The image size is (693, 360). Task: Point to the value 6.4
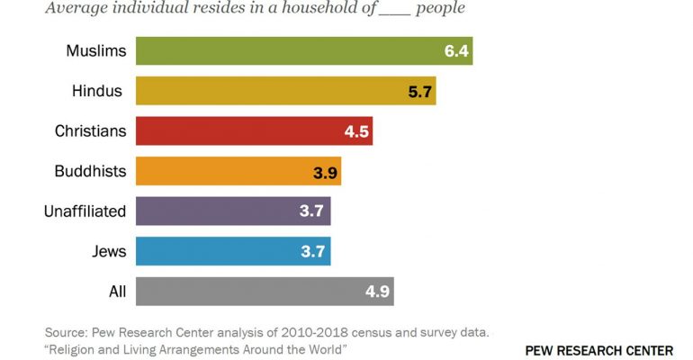click(x=456, y=50)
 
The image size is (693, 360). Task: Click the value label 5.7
click(x=420, y=91)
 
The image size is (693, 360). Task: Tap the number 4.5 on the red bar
click(x=356, y=130)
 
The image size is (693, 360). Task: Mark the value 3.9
click(x=325, y=171)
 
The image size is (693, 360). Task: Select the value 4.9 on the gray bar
click(x=378, y=292)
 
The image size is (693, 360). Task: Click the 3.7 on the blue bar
click(x=313, y=251)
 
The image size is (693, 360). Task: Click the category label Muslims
click(x=95, y=50)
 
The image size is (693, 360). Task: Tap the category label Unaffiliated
click(x=85, y=211)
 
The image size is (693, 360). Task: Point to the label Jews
click(x=109, y=251)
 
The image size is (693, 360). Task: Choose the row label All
click(x=117, y=291)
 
